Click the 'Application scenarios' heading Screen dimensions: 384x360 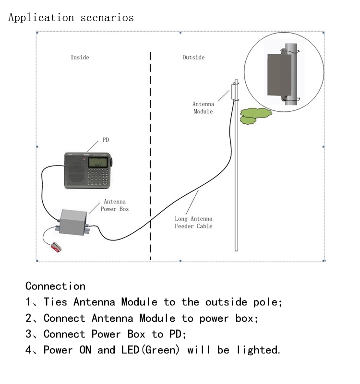pyautogui.click(x=71, y=18)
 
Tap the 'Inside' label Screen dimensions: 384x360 pyautogui.click(x=80, y=57)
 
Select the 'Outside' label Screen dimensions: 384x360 pyautogui.click(x=193, y=57)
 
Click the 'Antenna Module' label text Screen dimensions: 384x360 pyautogui.click(x=203, y=108)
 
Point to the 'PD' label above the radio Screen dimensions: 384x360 pyautogui.click(x=106, y=140)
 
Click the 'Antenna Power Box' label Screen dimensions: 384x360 pyautogui.click(x=115, y=205)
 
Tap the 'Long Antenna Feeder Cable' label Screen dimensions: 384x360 pyautogui.click(x=193, y=222)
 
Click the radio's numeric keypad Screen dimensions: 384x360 pyautogui.click(x=98, y=177)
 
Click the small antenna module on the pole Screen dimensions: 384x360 pyautogui.click(x=235, y=91)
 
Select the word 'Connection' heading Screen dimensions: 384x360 pyautogui.click(x=55, y=286)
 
